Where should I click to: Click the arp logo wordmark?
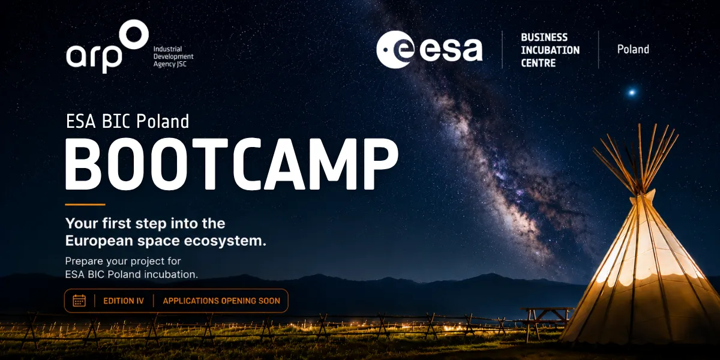(x=94, y=57)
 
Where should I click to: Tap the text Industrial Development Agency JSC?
(x=173, y=56)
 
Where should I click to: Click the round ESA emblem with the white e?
(x=395, y=49)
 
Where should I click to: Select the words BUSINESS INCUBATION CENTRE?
(x=550, y=50)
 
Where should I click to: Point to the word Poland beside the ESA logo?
(x=633, y=49)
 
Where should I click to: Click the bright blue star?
(x=632, y=92)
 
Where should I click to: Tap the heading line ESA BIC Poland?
(x=128, y=121)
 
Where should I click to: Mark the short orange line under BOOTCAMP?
(x=85, y=205)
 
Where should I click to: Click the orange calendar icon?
(x=79, y=301)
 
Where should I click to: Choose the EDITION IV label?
(x=124, y=301)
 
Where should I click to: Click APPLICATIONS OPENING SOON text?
(x=221, y=301)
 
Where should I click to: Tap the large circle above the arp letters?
(x=134, y=34)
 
